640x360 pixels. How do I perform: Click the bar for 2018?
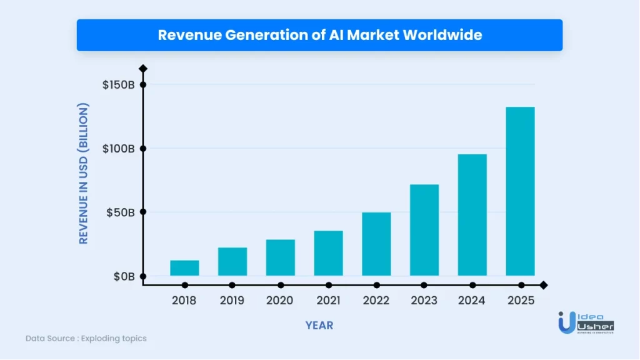pyautogui.click(x=184, y=268)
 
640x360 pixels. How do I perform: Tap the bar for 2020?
pyautogui.click(x=280, y=257)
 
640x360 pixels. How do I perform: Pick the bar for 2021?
pyautogui.click(x=328, y=253)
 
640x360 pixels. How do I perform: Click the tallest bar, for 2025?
pyautogui.click(x=520, y=191)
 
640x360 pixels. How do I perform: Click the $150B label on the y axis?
pyautogui.click(x=119, y=85)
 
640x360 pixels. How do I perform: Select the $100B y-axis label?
pyautogui.click(x=119, y=149)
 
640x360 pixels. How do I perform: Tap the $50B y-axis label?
pyautogui.click(x=120, y=212)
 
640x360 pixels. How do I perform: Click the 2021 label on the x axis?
pyautogui.click(x=328, y=301)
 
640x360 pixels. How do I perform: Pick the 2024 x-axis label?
pyautogui.click(x=472, y=301)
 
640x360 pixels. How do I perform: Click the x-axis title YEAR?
pyautogui.click(x=319, y=326)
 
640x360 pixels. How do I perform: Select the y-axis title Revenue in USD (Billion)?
pyautogui.click(x=84, y=174)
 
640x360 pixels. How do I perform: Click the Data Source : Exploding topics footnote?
pyautogui.click(x=86, y=338)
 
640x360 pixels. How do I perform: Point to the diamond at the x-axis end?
pyautogui.click(x=543, y=285)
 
